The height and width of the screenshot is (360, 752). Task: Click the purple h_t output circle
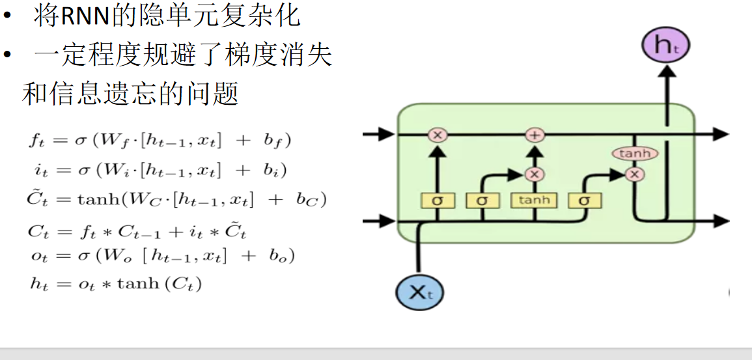tap(665, 45)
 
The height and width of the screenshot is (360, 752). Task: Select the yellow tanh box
tap(534, 200)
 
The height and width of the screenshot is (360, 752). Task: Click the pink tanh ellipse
tap(634, 154)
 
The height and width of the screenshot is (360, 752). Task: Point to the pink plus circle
tap(534, 135)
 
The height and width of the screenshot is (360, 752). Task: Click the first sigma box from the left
tap(437, 201)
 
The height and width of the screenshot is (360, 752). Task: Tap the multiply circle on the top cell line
tap(437, 135)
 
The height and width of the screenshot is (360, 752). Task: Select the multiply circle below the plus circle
tap(534, 174)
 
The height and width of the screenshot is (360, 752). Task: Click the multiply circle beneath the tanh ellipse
tap(634, 174)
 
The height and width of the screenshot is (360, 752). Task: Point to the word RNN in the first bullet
tap(86, 16)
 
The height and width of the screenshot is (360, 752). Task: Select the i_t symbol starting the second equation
tap(39, 171)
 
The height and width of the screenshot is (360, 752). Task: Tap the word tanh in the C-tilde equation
tap(96, 200)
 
